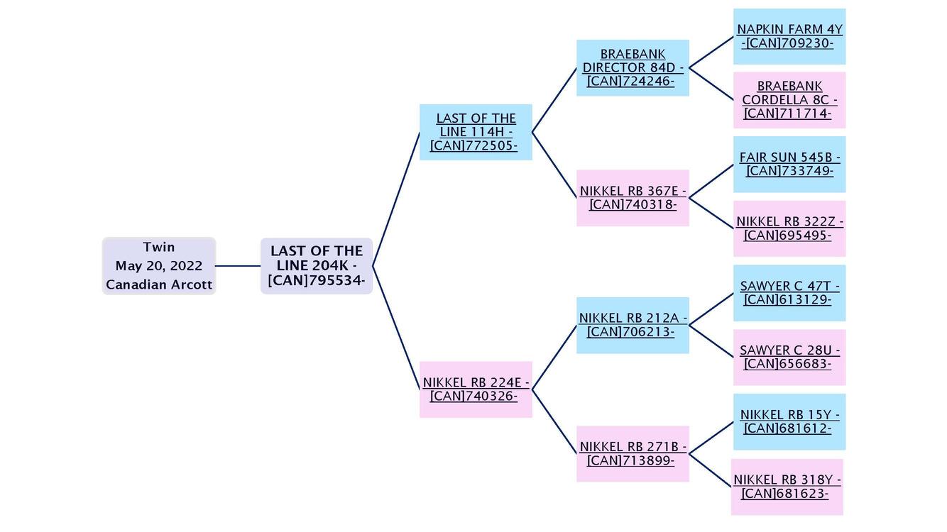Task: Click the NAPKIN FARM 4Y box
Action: [789, 36]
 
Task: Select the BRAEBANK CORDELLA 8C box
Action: [789, 100]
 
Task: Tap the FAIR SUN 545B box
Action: [789, 165]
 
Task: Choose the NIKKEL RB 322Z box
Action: [789, 228]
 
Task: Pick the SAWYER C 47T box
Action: [789, 293]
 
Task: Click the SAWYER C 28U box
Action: [789, 358]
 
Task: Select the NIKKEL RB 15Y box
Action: [789, 422]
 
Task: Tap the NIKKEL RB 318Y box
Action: [787, 487]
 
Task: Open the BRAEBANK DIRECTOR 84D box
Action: [633, 68]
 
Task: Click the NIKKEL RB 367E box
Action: [633, 198]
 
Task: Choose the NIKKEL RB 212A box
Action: [633, 326]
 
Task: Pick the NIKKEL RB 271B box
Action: [633, 454]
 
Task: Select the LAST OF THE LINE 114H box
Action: [476, 132]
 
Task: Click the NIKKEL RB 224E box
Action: [476, 389]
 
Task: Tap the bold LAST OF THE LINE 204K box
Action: [317, 266]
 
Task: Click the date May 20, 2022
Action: [159, 266]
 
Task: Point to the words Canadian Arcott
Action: [159, 284]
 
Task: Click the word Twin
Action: [159, 247]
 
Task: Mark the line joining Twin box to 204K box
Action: [238, 266]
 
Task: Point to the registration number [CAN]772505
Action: [474, 145]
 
